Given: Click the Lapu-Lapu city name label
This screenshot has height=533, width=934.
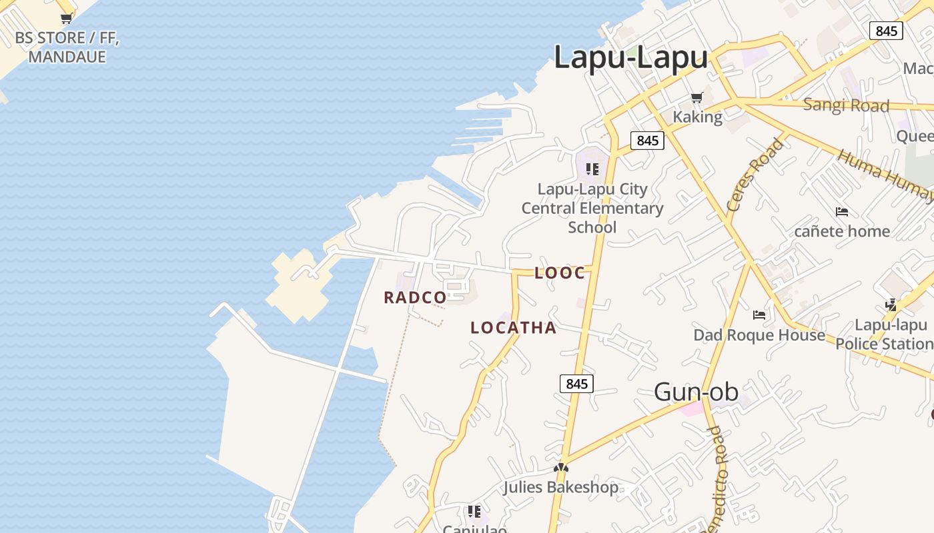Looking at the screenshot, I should coord(630,57).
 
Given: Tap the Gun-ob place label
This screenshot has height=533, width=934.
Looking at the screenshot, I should coord(696,392).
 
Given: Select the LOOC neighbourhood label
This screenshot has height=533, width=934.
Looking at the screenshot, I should coord(560,272).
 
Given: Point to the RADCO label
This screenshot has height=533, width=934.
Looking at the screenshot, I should coord(415,298).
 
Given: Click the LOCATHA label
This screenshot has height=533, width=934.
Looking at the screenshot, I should coord(513,327).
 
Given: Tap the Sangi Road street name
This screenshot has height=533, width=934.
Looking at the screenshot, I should coord(846,105).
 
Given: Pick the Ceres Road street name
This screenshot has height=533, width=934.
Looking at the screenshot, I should coord(755,175).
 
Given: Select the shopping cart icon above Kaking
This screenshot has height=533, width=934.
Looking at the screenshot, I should coord(697,98).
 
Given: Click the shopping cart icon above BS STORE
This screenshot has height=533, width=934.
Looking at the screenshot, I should coord(67,19).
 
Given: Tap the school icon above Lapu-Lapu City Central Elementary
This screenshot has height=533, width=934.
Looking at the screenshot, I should coord(592,169).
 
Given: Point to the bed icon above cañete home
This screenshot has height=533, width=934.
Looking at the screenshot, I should coord(842,212).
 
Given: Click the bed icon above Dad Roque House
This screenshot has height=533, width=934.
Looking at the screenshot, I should coord(759,314).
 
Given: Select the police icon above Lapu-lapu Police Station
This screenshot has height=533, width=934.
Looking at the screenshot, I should coord(891,305).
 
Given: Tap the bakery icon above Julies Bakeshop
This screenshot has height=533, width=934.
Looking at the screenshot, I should coord(560,468).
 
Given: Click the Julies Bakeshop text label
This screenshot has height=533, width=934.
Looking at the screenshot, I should coord(560,487).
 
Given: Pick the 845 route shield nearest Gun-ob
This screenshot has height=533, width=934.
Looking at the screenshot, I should coord(576,383).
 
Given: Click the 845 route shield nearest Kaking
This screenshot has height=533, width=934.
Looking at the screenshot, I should coord(647,141).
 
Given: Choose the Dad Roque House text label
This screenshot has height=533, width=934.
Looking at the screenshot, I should coord(759,334).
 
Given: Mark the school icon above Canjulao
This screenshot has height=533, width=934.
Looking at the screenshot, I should coord(474,512).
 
